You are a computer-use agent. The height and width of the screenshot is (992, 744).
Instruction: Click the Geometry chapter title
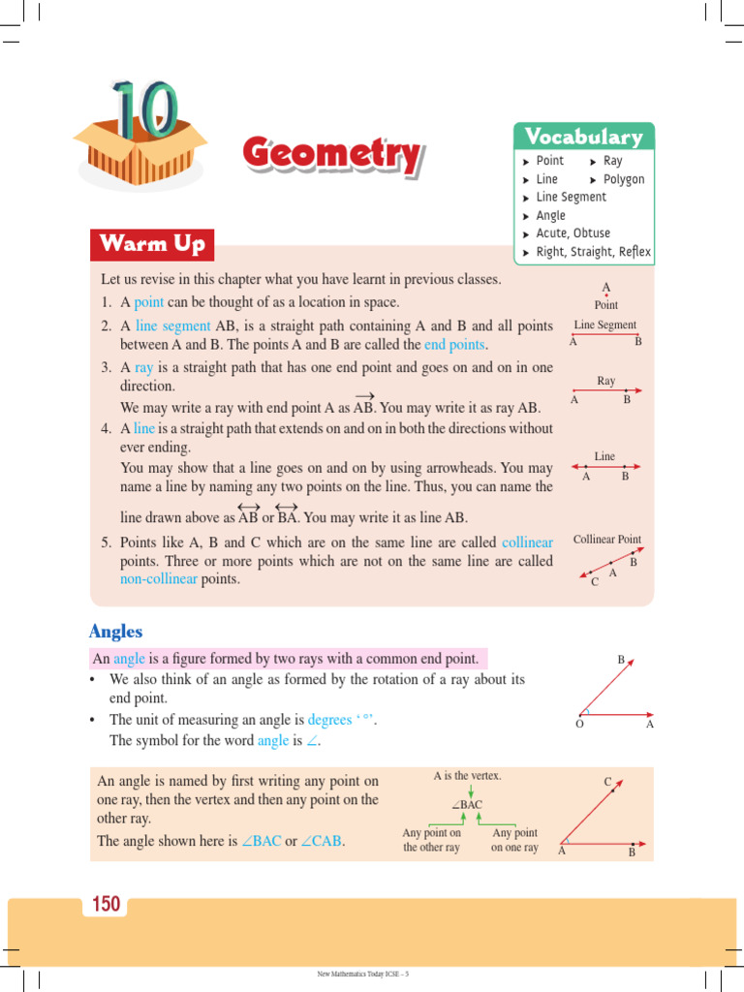pyautogui.click(x=331, y=155)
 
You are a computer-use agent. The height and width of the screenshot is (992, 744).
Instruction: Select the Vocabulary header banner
pyautogui.click(x=583, y=137)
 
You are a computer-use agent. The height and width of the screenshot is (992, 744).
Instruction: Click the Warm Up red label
pyautogui.click(x=152, y=244)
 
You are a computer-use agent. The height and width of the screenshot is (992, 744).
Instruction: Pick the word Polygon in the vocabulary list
pyautogui.click(x=623, y=179)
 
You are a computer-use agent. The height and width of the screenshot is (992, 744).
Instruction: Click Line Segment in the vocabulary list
pyautogui.click(x=571, y=197)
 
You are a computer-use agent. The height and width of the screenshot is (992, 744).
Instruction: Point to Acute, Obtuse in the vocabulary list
pyautogui.click(x=573, y=233)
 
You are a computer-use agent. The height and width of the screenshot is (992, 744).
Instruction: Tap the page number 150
pyautogui.click(x=106, y=905)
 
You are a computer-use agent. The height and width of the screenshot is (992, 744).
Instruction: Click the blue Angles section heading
pyautogui.click(x=115, y=632)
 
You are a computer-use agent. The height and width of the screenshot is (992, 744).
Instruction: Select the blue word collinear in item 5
pyautogui.click(x=527, y=542)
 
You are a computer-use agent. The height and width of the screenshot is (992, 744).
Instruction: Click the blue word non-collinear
pyautogui.click(x=159, y=579)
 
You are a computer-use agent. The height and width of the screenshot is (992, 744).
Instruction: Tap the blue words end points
pyautogui.click(x=454, y=345)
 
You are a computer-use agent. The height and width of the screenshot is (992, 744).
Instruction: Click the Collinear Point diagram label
pyautogui.click(x=606, y=540)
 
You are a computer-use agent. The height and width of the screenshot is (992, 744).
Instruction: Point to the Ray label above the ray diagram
pyautogui.click(x=606, y=382)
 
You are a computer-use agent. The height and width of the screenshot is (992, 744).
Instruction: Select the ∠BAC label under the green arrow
pyautogui.click(x=466, y=805)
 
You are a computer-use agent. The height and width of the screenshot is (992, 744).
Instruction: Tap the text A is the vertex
pyautogui.click(x=467, y=776)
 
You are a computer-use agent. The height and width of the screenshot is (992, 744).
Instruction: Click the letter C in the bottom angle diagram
pyautogui.click(x=607, y=782)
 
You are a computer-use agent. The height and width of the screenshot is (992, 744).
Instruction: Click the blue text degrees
pyautogui.click(x=329, y=720)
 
